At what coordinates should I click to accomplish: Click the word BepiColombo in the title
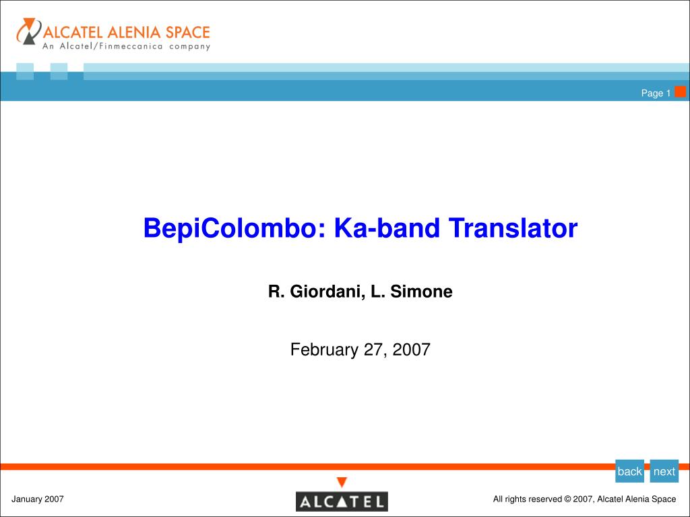[229, 229]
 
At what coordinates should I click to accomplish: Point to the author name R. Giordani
[315, 291]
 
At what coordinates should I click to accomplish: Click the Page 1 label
[656, 94]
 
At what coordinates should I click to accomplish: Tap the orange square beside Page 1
[681, 92]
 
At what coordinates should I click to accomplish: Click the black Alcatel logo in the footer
[342, 502]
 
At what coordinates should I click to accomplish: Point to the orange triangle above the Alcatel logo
[342, 482]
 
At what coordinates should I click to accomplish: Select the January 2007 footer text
[38, 499]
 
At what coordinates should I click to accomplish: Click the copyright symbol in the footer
[567, 499]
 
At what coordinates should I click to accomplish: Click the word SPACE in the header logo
[188, 32]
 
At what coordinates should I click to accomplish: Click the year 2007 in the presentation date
[412, 350]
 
